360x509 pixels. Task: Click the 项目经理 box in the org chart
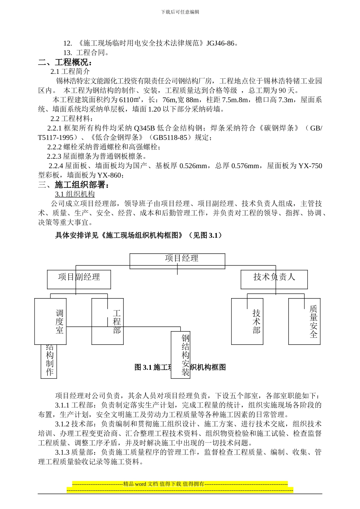177,261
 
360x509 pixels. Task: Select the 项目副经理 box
79,279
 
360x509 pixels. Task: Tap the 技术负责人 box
274,279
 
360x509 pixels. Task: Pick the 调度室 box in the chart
51,321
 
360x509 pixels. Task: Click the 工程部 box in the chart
108,321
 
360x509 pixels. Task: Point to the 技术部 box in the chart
247,321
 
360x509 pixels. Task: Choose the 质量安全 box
304,321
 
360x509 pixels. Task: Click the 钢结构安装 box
180,355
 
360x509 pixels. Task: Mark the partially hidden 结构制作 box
49,362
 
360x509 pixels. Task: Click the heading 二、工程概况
65,62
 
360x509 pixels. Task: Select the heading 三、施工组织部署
74,184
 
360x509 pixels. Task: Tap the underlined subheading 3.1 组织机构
75,194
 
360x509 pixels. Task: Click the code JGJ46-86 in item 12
220,43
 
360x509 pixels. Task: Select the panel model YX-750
310,166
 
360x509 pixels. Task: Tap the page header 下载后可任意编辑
180,12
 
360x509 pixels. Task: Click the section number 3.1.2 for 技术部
62,424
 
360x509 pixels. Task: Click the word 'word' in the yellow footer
141,484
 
